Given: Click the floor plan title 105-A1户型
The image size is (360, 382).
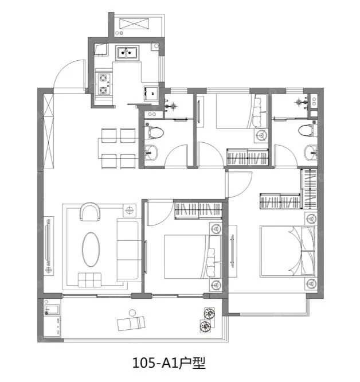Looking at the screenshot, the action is click(x=169, y=363).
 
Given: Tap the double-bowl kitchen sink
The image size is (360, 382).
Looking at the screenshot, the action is click(x=127, y=52).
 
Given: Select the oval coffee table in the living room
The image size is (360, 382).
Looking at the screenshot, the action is click(x=91, y=250).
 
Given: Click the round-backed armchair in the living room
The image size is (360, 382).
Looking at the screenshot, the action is click(x=90, y=212).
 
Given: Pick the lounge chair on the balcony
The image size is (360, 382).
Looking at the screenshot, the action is click(x=131, y=323).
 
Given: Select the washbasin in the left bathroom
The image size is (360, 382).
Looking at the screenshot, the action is click(x=151, y=153).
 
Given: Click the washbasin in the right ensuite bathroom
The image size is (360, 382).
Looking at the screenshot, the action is click(x=311, y=153).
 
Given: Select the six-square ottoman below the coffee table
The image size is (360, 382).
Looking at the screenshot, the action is click(x=89, y=280).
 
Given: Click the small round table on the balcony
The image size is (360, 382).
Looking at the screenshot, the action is click(x=132, y=313).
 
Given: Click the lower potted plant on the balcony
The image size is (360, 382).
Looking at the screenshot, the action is click(x=205, y=326).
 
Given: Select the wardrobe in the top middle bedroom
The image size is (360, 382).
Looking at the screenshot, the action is click(x=248, y=157).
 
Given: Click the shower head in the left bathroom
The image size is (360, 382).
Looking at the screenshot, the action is click(x=173, y=106).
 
